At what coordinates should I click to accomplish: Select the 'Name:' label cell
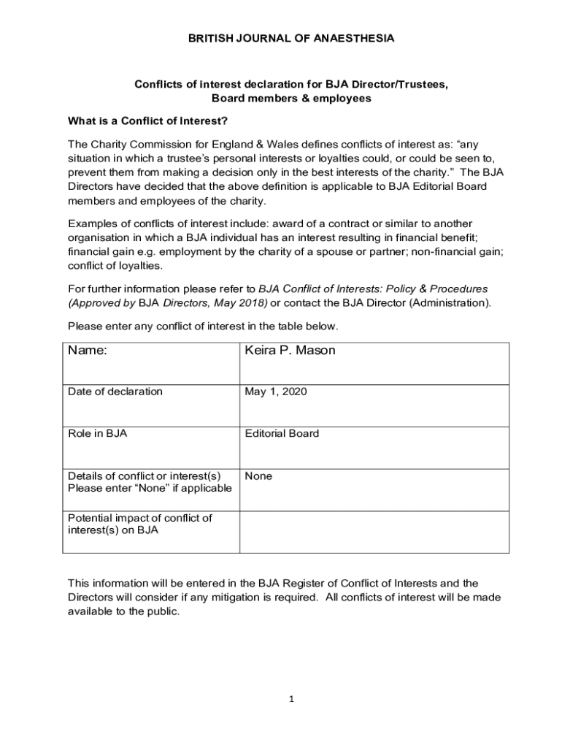point(88,351)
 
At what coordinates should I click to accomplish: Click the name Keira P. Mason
point(290,351)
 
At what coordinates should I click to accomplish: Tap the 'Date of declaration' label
point(115,392)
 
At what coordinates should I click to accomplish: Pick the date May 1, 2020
point(276,392)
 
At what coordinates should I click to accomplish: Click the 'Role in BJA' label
point(97,434)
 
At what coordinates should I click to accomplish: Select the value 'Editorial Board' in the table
point(282,434)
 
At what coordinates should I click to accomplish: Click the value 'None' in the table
point(258,476)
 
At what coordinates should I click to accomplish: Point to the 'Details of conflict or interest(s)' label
point(144,476)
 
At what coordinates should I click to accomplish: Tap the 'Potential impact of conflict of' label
point(139,518)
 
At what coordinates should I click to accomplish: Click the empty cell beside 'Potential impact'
point(374,531)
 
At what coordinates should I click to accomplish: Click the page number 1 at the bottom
point(291,699)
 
